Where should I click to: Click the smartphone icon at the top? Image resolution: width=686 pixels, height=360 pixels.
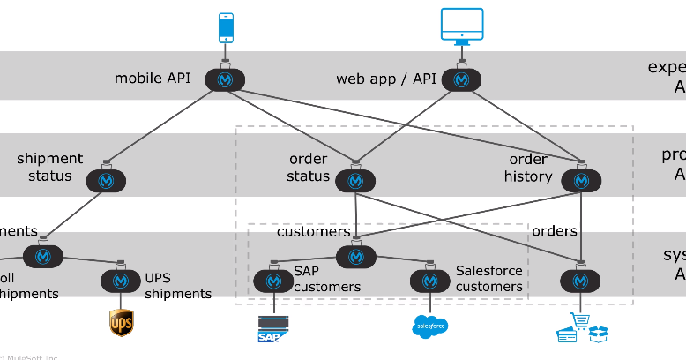pos(226,27)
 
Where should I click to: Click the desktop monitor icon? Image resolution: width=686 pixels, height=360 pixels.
pos(461,26)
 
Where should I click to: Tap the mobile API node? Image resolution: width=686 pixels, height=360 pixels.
pos(225,79)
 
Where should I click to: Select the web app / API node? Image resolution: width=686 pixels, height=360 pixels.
pos(461,79)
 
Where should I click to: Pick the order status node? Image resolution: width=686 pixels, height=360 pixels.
pos(355,180)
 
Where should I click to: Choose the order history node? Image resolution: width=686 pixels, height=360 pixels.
pos(580,180)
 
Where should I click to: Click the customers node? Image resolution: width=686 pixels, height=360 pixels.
pos(355,256)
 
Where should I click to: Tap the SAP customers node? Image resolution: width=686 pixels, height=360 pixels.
pos(273,281)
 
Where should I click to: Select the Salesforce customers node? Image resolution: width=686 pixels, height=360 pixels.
pos(429,281)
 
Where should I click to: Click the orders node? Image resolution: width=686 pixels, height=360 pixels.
pos(580,281)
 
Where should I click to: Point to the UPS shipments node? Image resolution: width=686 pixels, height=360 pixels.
pos(121,281)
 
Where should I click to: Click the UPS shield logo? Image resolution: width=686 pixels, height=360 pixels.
pos(121,323)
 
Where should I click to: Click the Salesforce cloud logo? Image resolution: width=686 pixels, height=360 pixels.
pos(429,327)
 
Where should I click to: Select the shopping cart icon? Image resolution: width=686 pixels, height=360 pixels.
pos(581,327)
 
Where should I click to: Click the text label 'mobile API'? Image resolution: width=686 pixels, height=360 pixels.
pos(152,79)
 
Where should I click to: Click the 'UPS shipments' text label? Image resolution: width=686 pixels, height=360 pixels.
pos(177,286)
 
